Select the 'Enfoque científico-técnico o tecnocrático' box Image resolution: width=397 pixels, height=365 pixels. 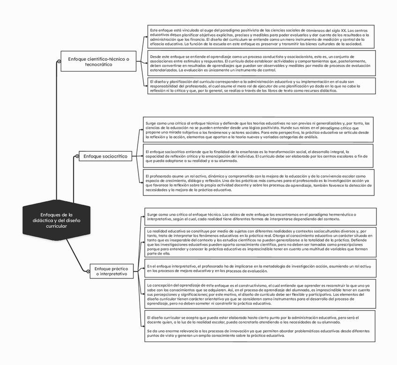(x=98, y=62)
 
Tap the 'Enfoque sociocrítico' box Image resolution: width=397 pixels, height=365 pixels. (x=106, y=156)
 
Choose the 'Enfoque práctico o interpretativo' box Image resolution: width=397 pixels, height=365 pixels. (x=111, y=271)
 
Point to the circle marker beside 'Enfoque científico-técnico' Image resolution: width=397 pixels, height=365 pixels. (x=59, y=62)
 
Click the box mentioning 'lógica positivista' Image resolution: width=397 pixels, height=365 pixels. (x=258, y=131)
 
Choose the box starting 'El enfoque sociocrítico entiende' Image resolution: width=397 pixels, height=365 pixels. (x=258, y=156)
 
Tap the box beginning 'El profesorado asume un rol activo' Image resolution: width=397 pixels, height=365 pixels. (x=258, y=182)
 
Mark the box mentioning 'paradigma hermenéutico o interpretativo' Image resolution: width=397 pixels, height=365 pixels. (x=260, y=217)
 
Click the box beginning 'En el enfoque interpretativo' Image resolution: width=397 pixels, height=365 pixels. (x=260, y=268)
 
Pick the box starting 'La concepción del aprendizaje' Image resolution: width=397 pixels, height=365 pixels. (x=260, y=294)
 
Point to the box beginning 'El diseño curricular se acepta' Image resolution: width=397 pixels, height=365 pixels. (x=260, y=326)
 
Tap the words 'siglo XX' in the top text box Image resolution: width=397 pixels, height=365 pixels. (x=340, y=30)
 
